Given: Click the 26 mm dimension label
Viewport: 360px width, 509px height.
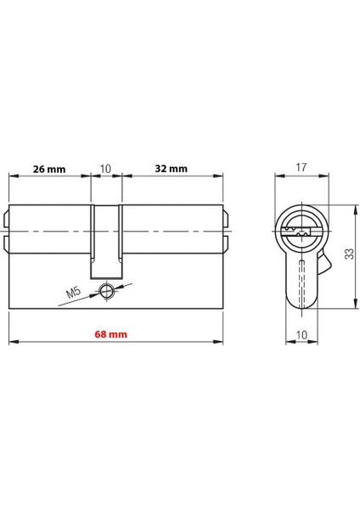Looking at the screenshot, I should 48,169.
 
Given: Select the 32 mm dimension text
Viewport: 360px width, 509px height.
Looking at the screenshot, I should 172,169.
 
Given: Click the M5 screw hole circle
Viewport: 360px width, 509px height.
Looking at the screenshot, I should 106,291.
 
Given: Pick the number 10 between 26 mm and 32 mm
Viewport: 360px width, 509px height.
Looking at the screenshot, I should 105,169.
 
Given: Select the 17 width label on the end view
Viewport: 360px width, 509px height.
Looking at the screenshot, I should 301,169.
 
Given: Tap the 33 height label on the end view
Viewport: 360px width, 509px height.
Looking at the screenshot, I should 348,254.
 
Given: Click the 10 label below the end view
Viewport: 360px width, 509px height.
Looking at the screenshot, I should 301,334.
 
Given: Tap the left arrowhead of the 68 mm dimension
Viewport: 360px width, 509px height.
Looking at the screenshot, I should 12,343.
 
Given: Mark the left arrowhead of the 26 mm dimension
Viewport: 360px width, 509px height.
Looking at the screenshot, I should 12,176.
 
